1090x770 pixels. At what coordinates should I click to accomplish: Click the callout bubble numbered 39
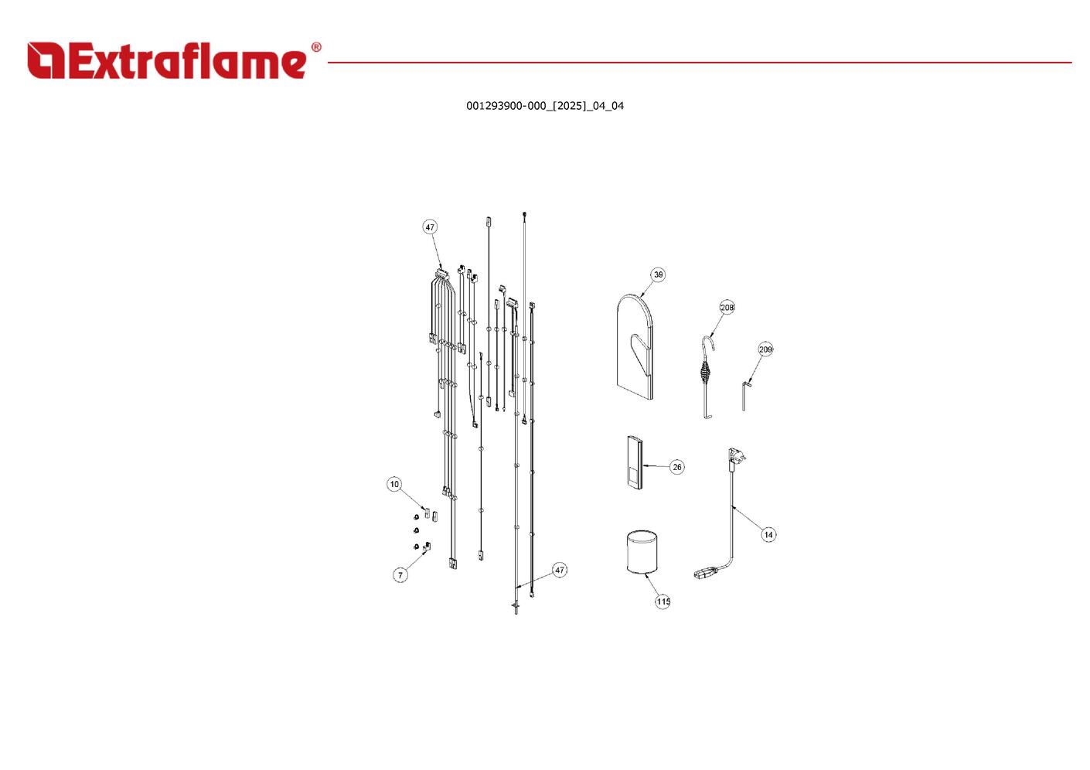[658, 274]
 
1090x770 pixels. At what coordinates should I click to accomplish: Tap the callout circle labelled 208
[727, 308]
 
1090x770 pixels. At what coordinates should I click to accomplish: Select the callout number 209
[765, 349]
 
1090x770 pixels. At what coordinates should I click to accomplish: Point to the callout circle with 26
[677, 467]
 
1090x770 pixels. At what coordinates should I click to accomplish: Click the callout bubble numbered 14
[768, 534]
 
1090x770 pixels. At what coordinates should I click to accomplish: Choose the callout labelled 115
[663, 601]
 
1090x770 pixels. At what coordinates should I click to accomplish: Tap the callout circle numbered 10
[394, 484]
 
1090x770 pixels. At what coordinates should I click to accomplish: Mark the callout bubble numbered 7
[400, 575]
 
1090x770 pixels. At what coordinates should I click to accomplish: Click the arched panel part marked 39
[635, 348]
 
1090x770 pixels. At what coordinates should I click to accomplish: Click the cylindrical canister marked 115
[640, 552]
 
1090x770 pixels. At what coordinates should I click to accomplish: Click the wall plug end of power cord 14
[735, 458]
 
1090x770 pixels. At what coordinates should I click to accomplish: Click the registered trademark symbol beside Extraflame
[315, 48]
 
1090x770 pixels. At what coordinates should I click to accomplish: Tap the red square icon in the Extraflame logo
[46, 60]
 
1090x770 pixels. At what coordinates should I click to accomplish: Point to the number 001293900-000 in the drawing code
[506, 106]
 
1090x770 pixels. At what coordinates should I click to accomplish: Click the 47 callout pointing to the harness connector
[430, 227]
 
